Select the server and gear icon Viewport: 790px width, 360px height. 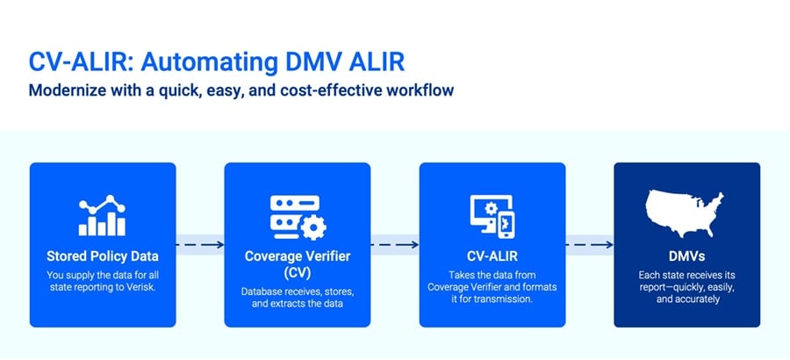tap(297, 216)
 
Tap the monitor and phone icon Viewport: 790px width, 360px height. tap(492, 216)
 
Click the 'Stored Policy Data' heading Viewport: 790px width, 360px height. tap(103, 256)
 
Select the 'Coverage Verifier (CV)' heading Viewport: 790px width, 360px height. tap(297, 264)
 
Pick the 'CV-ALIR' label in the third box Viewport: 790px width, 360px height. tap(492, 256)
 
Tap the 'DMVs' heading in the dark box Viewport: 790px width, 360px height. tap(686, 256)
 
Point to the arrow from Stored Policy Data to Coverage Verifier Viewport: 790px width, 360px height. tap(200, 245)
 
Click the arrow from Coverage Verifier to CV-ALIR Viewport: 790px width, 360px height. tap(395, 245)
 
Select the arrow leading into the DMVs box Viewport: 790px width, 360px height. tap(589, 245)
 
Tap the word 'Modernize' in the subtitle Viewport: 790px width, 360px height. tap(70, 90)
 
